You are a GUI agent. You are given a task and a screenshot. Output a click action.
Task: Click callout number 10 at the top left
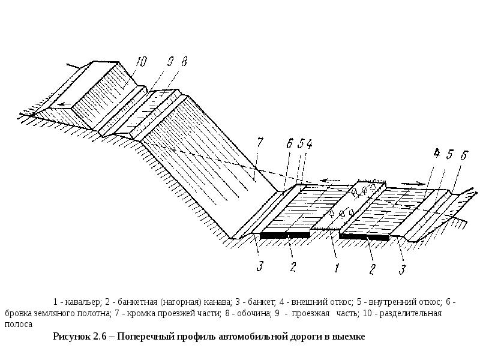click(x=141, y=61)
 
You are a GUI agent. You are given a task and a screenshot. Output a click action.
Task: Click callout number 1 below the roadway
click(x=337, y=268)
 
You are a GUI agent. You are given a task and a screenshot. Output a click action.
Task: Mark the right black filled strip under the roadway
click(x=364, y=236)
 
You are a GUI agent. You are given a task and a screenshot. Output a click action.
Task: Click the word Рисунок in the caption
click(x=73, y=337)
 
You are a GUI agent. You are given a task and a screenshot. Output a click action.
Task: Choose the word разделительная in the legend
click(x=409, y=313)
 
